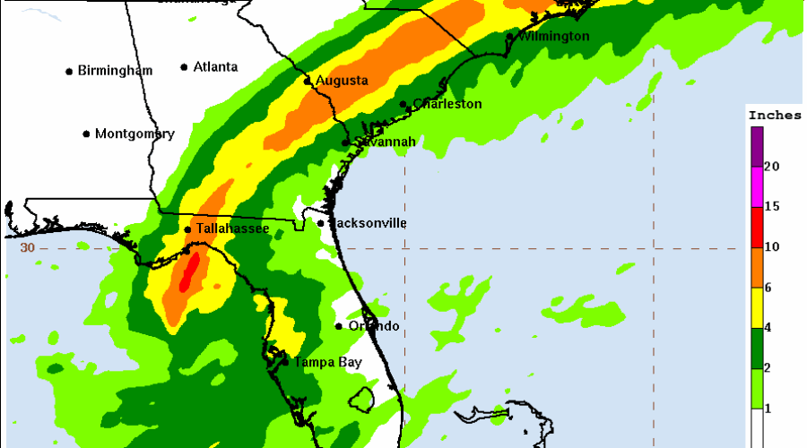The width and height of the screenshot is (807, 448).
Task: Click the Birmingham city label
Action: [115, 71]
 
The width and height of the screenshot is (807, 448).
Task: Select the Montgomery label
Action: [134, 134]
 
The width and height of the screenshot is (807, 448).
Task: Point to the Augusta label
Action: [341, 81]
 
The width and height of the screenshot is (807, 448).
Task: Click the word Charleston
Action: [447, 104]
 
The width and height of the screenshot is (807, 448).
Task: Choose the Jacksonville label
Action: [368, 222]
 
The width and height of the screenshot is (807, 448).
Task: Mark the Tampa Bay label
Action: [325, 363]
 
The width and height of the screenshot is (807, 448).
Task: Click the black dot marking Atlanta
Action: [184, 67]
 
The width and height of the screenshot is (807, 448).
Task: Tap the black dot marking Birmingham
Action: [69, 71]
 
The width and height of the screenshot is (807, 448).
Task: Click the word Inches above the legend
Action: [775, 116]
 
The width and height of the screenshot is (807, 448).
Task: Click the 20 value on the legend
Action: [771, 168]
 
